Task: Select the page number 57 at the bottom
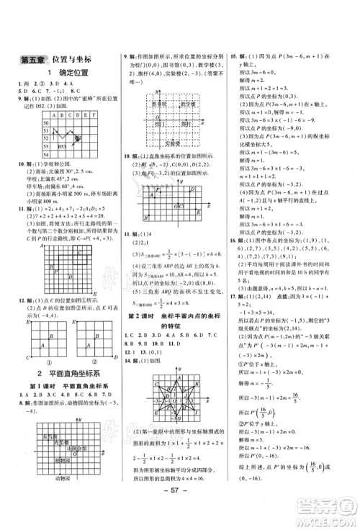pos(179,505)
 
